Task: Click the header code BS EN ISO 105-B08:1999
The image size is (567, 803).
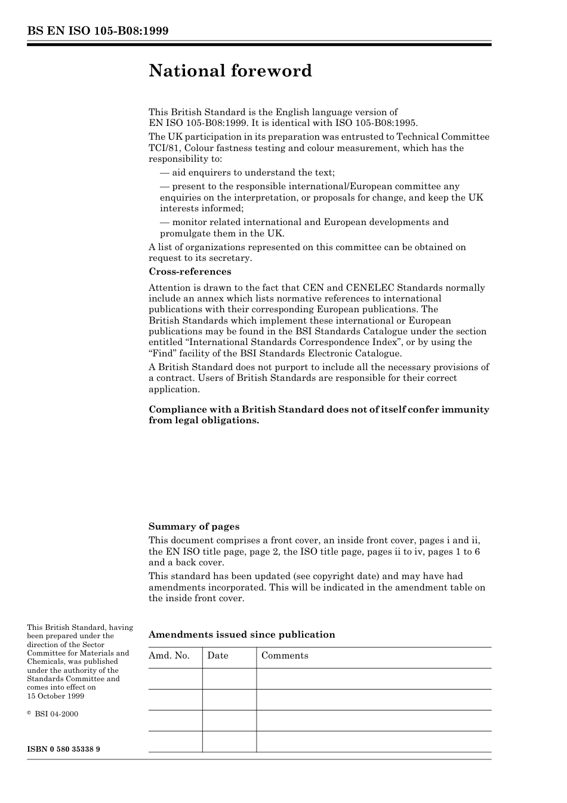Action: (x=97, y=31)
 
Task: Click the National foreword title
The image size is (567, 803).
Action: (x=230, y=71)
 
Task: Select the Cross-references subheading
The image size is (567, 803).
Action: (x=190, y=272)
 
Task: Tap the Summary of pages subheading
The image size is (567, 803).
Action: (x=194, y=527)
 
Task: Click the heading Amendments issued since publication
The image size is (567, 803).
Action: (x=242, y=635)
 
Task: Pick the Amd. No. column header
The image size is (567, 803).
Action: (x=169, y=656)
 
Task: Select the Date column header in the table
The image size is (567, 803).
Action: (x=218, y=656)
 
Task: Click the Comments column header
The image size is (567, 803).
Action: (x=285, y=656)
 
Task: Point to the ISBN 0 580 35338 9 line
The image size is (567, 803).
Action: (x=63, y=749)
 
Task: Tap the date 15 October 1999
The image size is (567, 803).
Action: (x=56, y=696)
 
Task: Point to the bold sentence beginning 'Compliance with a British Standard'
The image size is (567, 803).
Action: (x=319, y=415)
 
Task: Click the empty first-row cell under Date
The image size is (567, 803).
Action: (x=229, y=679)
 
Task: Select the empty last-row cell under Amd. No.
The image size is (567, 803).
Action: (x=175, y=742)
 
